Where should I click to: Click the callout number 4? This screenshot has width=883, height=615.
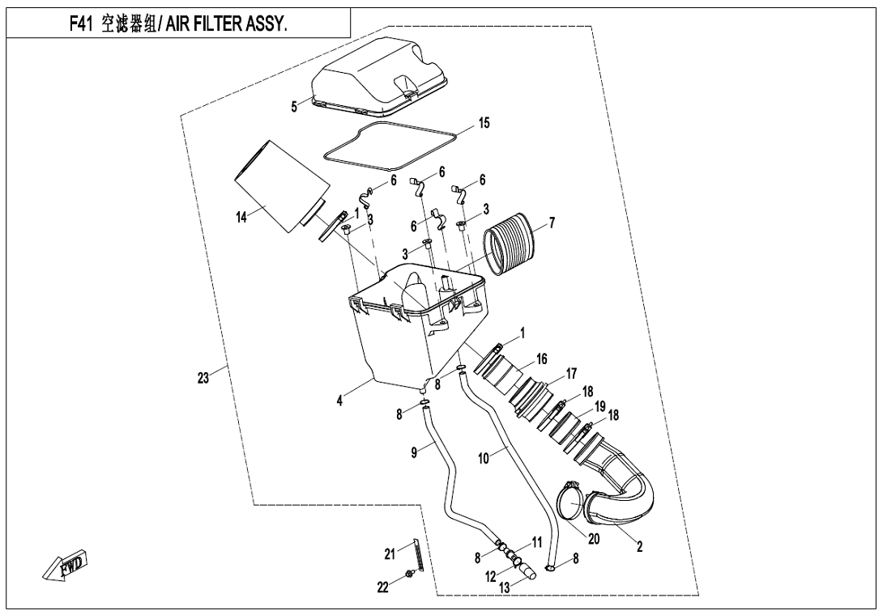coord(340,400)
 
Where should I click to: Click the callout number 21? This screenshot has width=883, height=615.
coord(390,553)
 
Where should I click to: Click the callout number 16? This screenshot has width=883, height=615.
coord(542,356)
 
